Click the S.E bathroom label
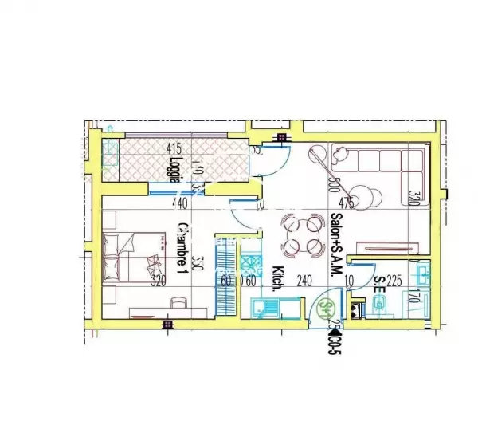click(x=380, y=285)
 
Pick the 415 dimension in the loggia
click(x=174, y=148)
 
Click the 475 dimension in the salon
click(x=346, y=203)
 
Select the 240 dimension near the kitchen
click(x=302, y=281)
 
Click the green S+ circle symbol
click(x=325, y=307)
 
